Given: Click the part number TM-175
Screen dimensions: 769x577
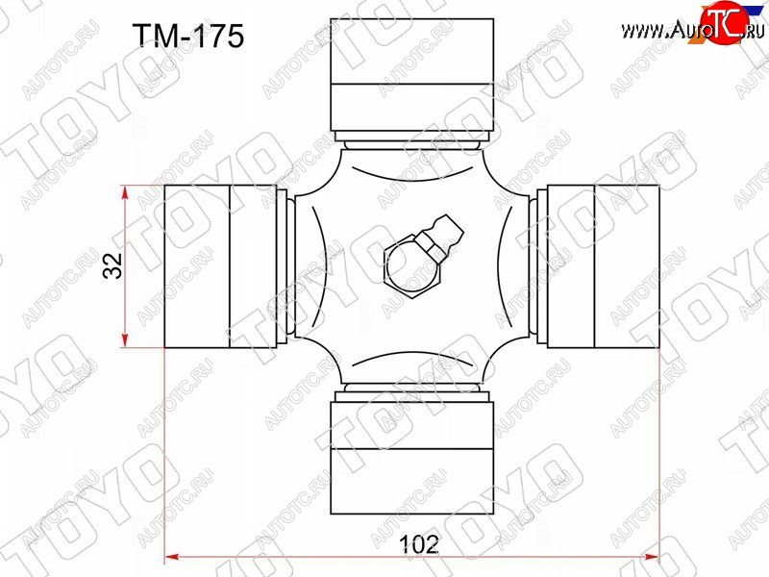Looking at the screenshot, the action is coord(188,36).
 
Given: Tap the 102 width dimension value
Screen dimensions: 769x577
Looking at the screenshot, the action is coord(419,544).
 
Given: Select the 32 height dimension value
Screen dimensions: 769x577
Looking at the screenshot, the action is coord(112,265).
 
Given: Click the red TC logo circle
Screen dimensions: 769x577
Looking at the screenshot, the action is coord(725,22).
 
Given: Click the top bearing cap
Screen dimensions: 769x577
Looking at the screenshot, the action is coord(412,75).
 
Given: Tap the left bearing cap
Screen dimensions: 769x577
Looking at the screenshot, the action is coord(220,266).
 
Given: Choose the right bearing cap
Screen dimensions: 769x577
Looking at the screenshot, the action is coord(604,266).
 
